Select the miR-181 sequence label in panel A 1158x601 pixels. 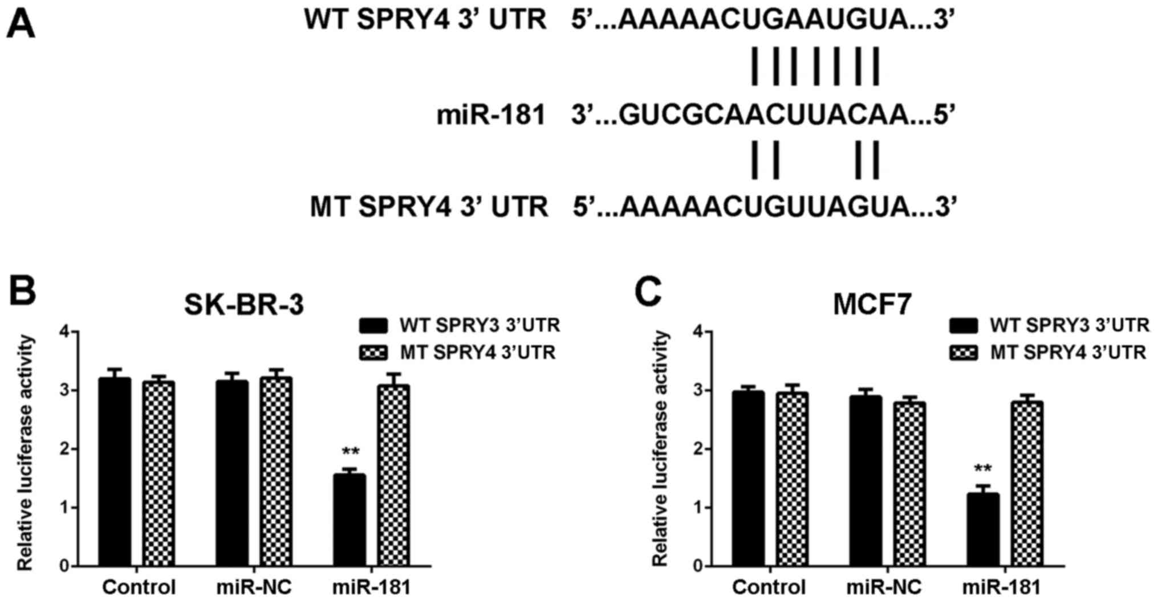pos(491,116)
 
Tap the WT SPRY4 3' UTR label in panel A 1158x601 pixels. pos(425,20)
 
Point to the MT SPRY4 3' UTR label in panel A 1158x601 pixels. pos(429,206)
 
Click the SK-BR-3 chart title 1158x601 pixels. pos(243,304)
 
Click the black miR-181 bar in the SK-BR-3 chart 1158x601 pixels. pos(349,520)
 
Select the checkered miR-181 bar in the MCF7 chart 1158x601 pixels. pos(1027,484)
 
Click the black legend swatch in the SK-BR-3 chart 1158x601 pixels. pos(373,326)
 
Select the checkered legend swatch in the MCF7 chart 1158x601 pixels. pos(964,353)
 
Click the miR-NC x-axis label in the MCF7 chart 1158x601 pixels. pos(885,587)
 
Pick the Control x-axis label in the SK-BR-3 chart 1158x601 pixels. pos(139,587)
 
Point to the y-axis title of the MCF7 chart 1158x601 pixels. pos(660,449)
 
